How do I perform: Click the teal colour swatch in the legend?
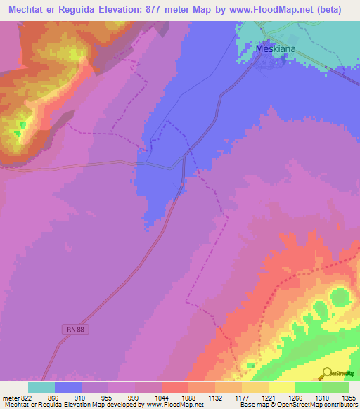pyautogui.click(x=41, y=387)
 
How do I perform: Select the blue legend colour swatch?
pyautogui.click(x=68, y=387)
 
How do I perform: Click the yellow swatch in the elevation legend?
pyautogui.click(x=282, y=387)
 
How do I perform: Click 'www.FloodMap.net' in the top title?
pyautogui.click(x=269, y=9)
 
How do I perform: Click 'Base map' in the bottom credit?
pyautogui.click(x=255, y=405)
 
